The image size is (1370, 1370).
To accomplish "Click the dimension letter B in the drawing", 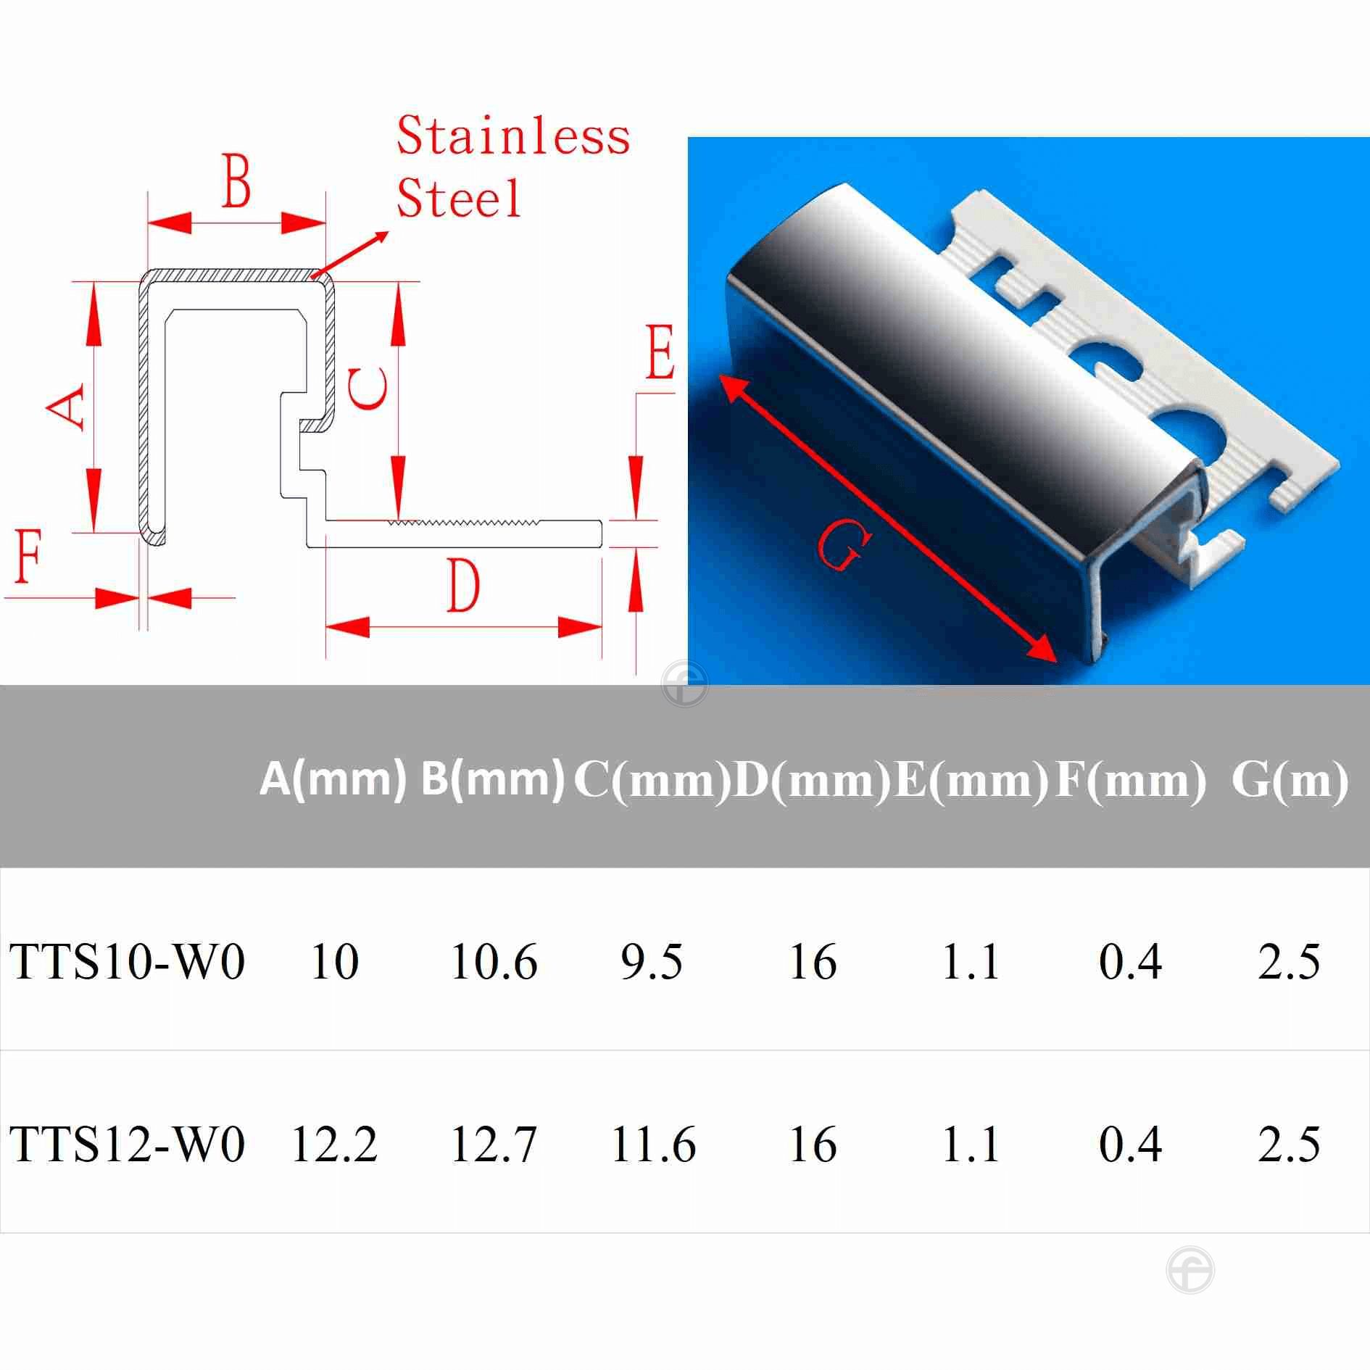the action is tap(236, 180).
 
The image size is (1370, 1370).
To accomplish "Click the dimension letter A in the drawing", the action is tap(67, 407).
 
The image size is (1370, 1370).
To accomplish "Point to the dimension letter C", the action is tap(368, 388).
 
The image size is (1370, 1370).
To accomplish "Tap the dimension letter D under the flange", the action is tap(462, 586).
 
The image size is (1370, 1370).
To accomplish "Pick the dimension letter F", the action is tap(29, 557).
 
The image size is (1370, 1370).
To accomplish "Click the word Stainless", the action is tap(513, 136).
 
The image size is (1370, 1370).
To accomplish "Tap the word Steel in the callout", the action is tap(458, 197).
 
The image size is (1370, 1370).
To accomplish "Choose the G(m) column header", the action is tap(1290, 780).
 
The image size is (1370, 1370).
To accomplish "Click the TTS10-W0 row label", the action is tap(128, 962).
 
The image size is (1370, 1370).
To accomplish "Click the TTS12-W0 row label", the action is tap(128, 1145).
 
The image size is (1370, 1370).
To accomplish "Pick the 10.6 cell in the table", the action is tap(494, 962).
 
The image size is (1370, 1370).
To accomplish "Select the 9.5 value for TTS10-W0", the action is tap(652, 962).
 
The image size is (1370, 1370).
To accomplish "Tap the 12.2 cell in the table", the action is tap(334, 1145).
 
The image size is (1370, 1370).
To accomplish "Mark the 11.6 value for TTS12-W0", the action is tap(653, 1145).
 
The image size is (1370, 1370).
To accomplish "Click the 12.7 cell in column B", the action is tap(494, 1145).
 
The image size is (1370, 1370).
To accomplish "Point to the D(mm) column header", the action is tap(812, 780).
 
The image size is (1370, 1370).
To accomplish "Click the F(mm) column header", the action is tap(1130, 780).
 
